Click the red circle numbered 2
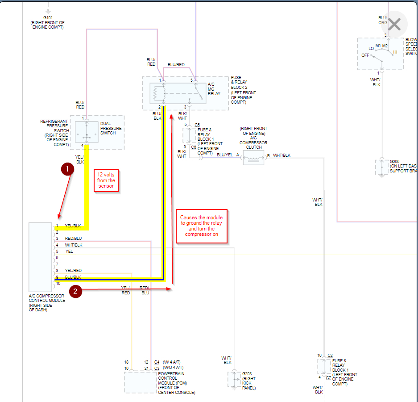(x=76, y=291)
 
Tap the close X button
(x=394, y=24)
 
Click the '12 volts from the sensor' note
(x=106, y=181)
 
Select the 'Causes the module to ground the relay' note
(x=202, y=226)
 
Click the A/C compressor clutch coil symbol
(x=253, y=158)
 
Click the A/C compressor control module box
(x=41, y=256)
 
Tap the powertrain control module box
(x=140, y=382)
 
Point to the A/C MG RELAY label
(x=214, y=89)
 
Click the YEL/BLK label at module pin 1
(x=73, y=226)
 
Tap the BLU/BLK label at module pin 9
(x=73, y=277)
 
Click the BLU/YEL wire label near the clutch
(x=225, y=155)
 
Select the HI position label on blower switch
(x=395, y=52)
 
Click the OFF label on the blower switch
(x=365, y=55)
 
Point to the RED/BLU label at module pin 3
(x=73, y=239)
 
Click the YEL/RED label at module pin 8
(x=73, y=271)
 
